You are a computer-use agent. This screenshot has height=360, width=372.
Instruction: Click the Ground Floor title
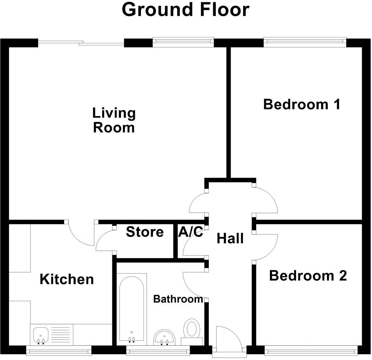[x=185, y=10]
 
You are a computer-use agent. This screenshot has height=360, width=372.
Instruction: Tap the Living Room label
[x=114, y=120]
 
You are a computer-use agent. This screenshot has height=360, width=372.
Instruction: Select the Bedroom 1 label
[x=302, y=105]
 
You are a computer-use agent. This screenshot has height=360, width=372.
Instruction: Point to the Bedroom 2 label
[x=308, y=276]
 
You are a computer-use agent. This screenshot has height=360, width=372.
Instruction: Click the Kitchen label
[x=66, y=279]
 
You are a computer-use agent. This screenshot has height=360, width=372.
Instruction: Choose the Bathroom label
[x=178, y=299]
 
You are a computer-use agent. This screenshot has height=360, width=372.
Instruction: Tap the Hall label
[x=230, y=239]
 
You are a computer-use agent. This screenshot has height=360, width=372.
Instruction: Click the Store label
[x=145, y=232]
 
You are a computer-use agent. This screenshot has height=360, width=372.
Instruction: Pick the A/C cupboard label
[x=191, y=232]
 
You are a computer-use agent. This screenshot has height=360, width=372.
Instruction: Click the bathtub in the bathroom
[x=132, y=308]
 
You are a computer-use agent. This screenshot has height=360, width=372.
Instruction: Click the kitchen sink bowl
[x=41, y=334]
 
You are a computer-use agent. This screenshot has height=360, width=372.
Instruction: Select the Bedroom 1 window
[x=304, y=41]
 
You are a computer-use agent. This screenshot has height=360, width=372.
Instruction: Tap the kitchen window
[x=59, y=350]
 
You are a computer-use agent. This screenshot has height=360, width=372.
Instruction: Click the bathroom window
[x=158, y=350]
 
